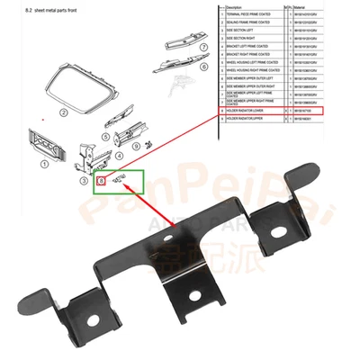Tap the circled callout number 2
point(63,113)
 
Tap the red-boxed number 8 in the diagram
point(102,181)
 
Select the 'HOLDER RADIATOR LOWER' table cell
point(248,111)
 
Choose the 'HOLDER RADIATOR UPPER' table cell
point(248,119)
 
